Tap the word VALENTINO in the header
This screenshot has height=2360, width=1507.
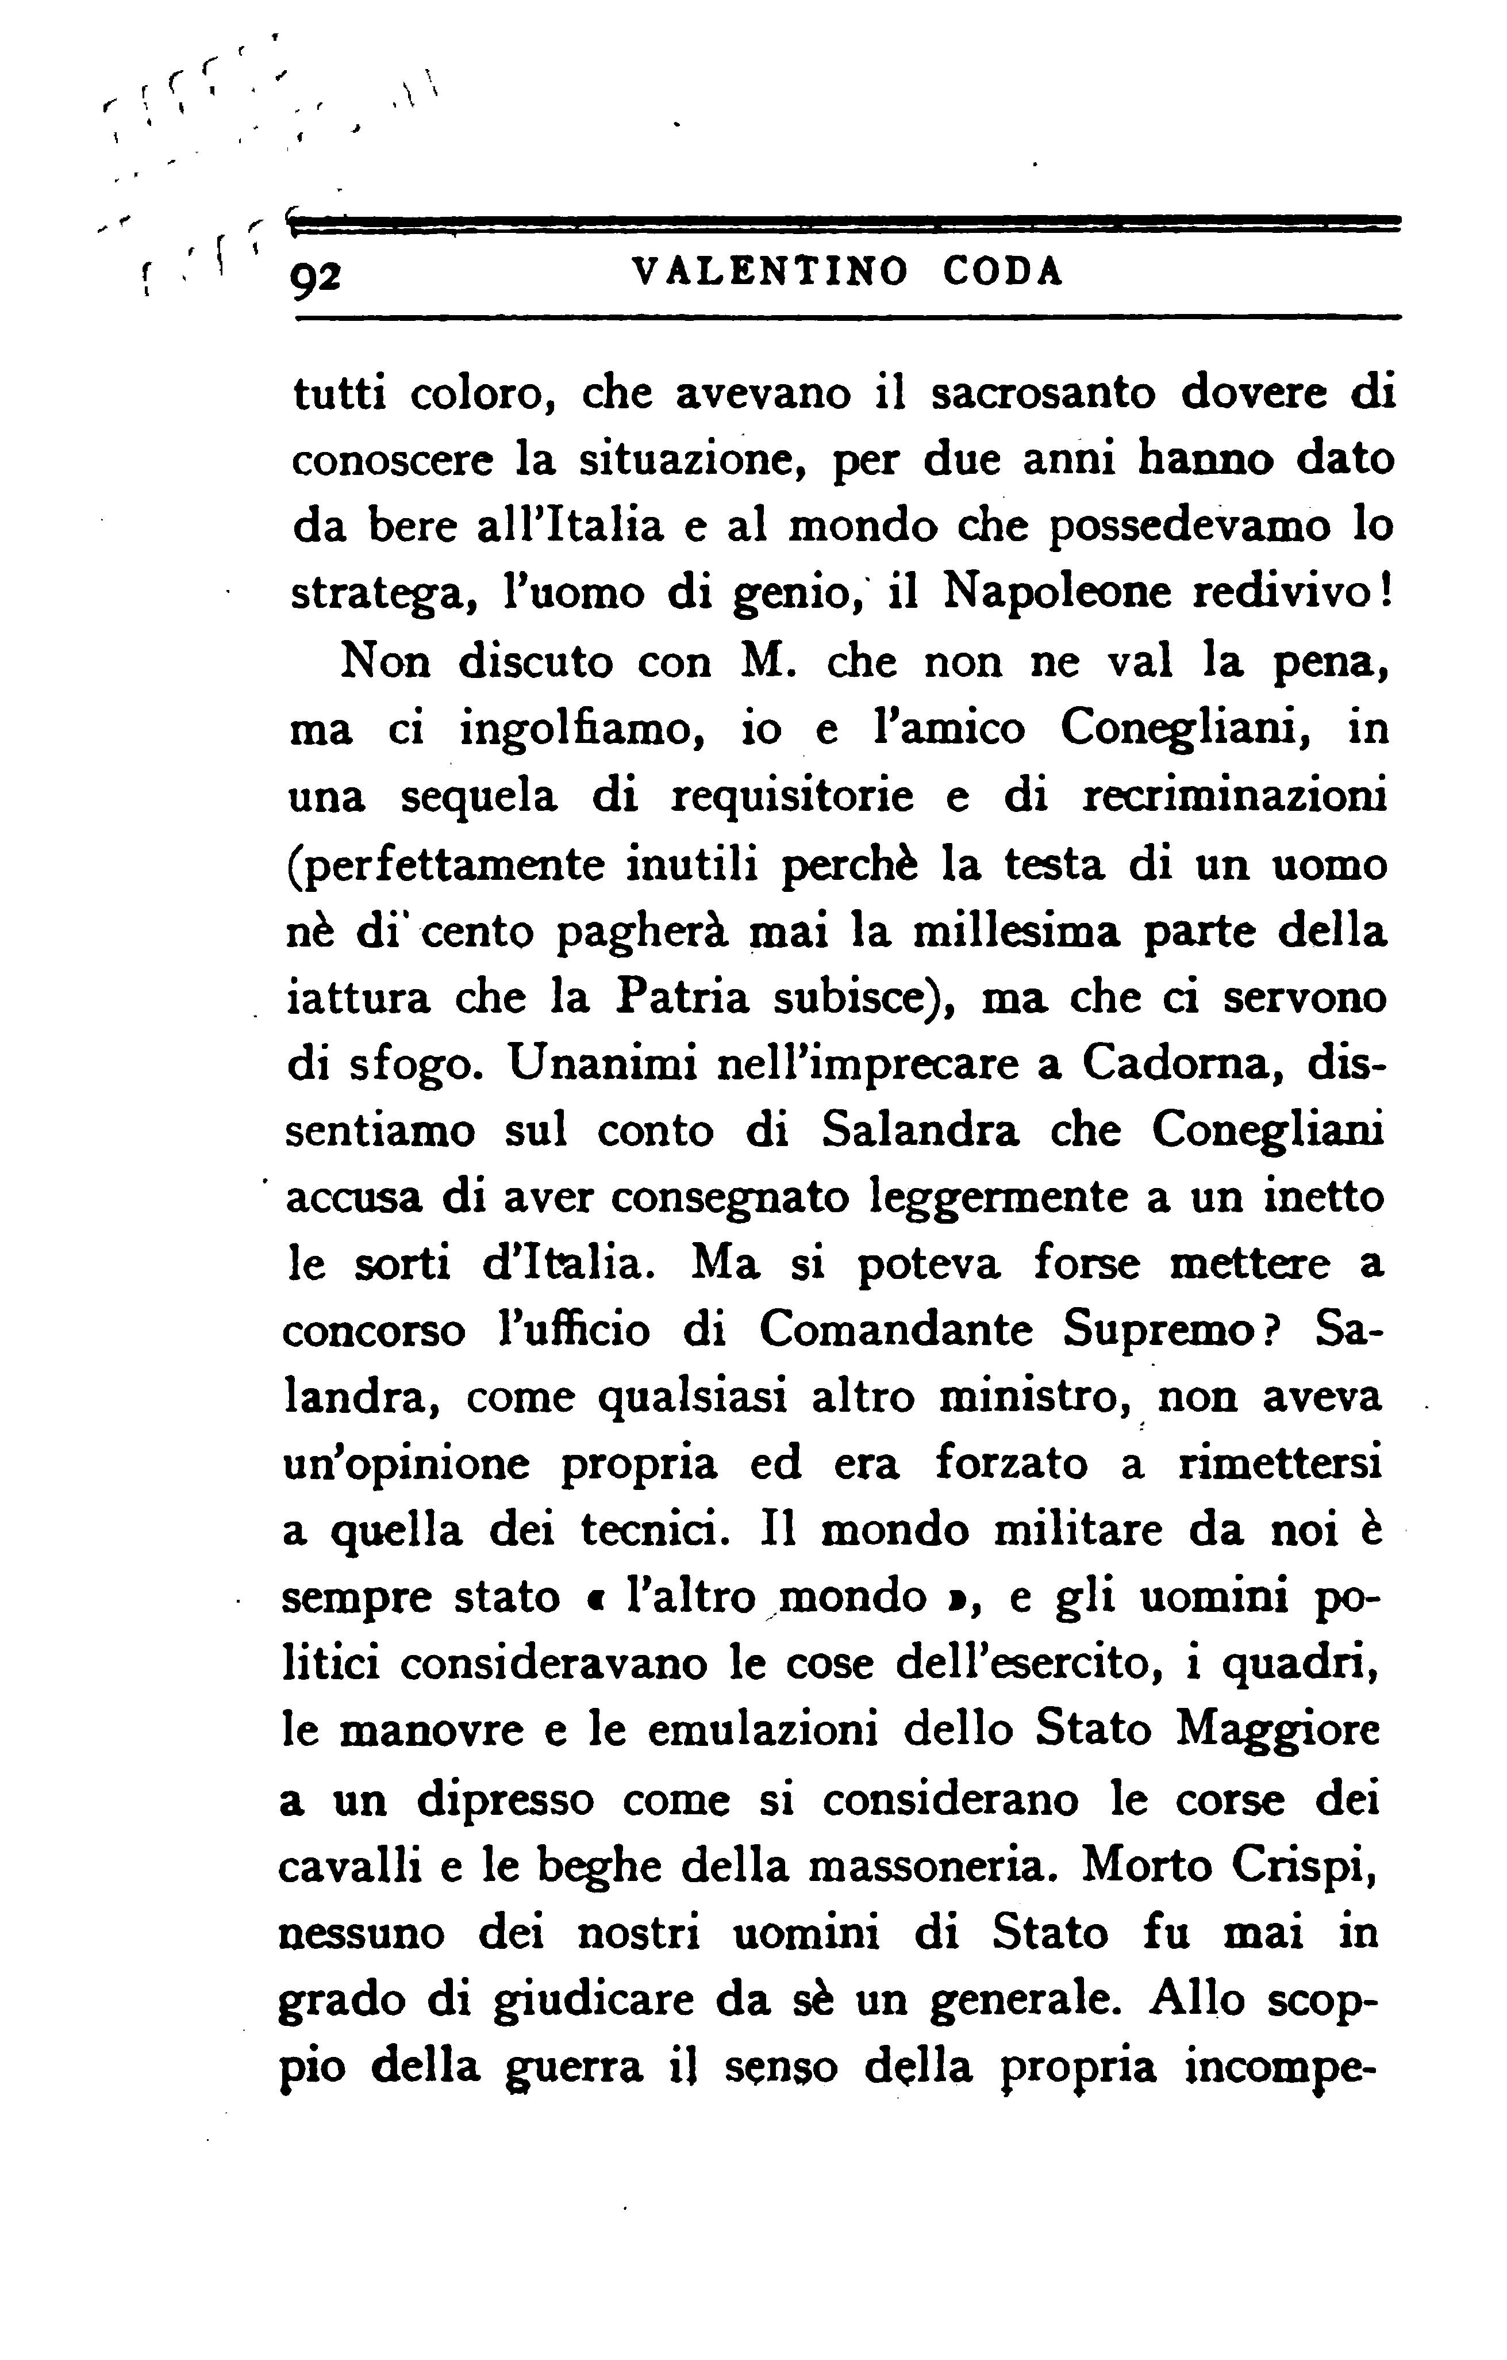[x=771, y=271]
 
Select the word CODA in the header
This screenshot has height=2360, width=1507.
[x=1002, y=271]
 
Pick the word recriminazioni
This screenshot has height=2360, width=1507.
[x=1233, y=796]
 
